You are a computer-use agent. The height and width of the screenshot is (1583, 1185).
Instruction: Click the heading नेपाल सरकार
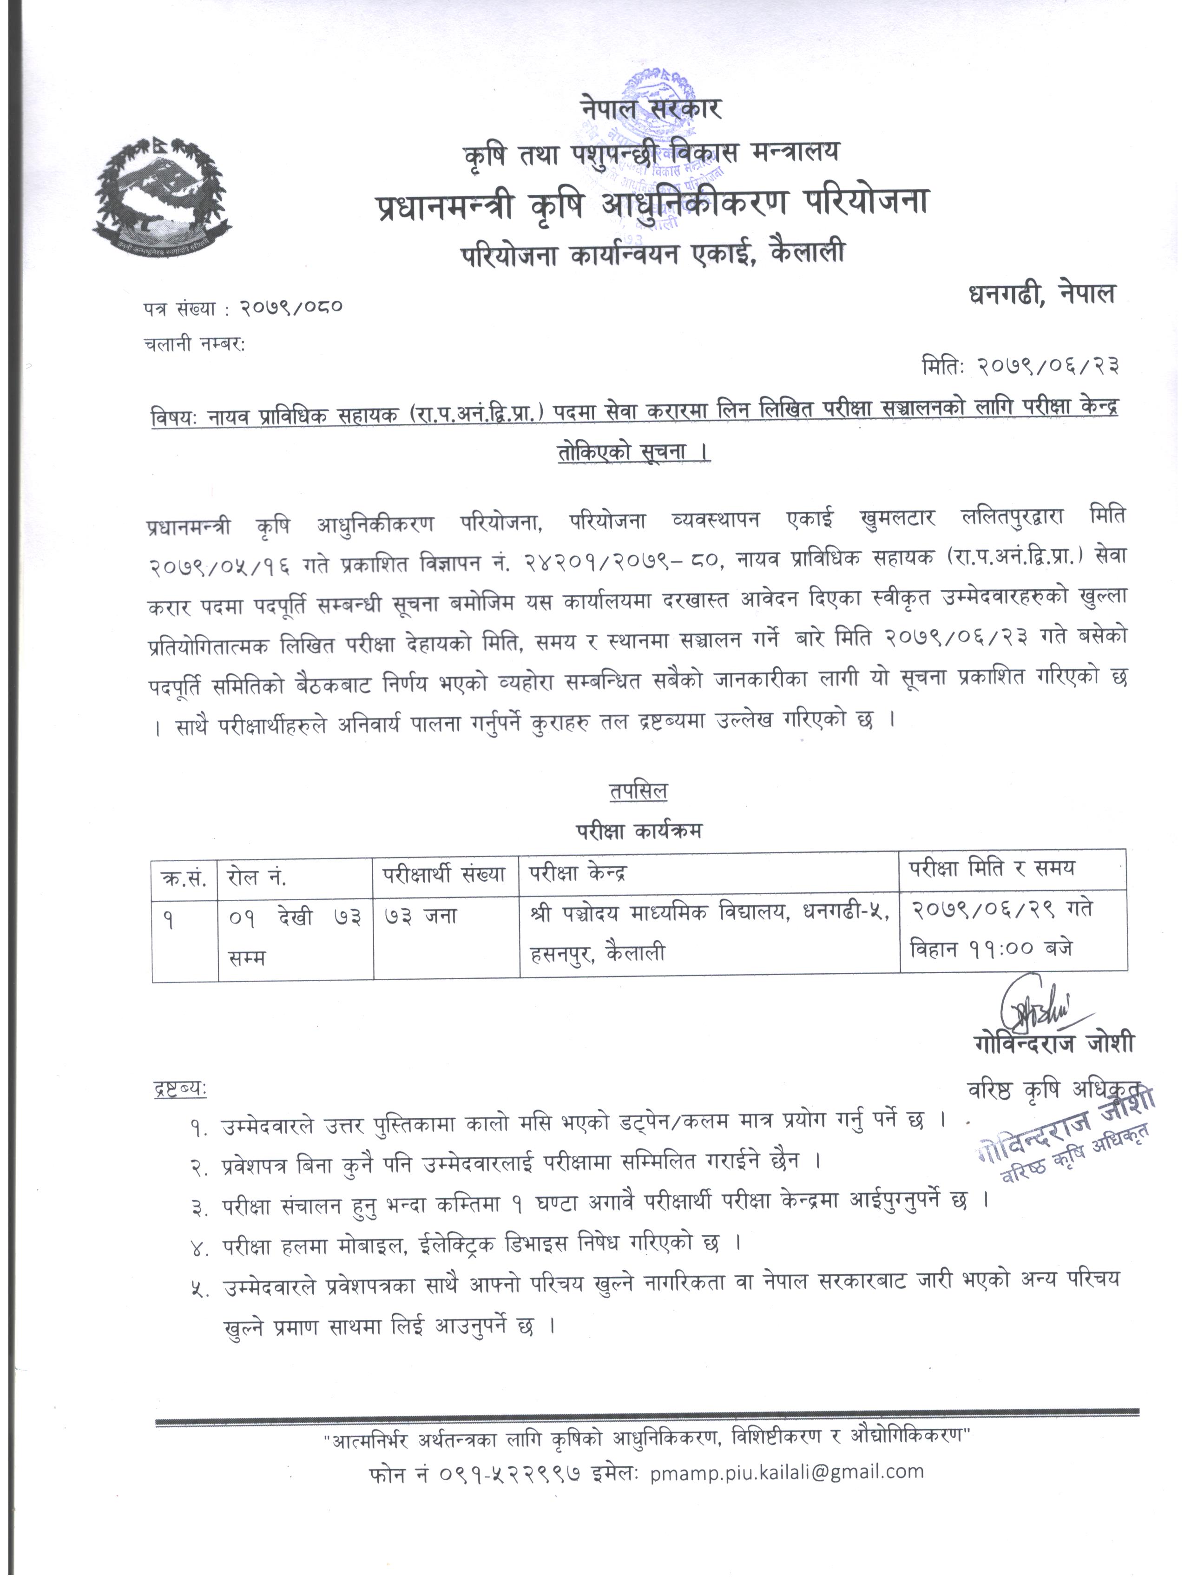click(651, 110)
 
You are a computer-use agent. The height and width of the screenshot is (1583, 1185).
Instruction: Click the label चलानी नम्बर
click(193, 344)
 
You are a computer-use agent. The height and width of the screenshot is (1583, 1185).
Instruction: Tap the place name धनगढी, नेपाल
click(1041, 294)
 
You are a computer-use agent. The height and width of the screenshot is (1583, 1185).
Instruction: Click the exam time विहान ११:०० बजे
click(991, 949)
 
